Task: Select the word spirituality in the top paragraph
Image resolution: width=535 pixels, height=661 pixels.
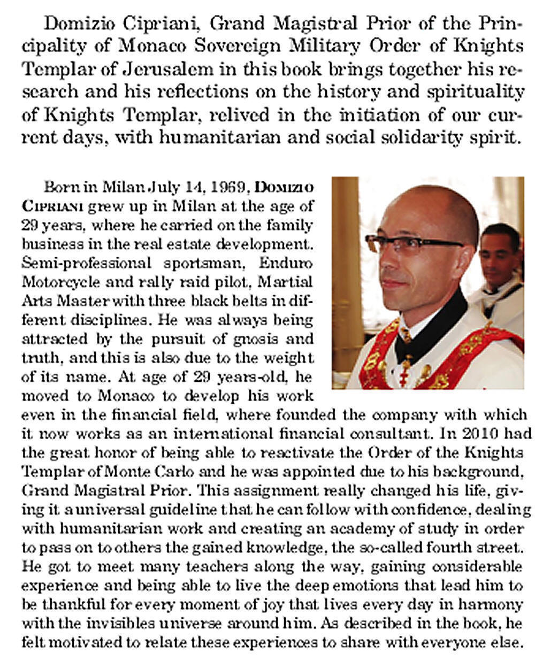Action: (481, 92)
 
